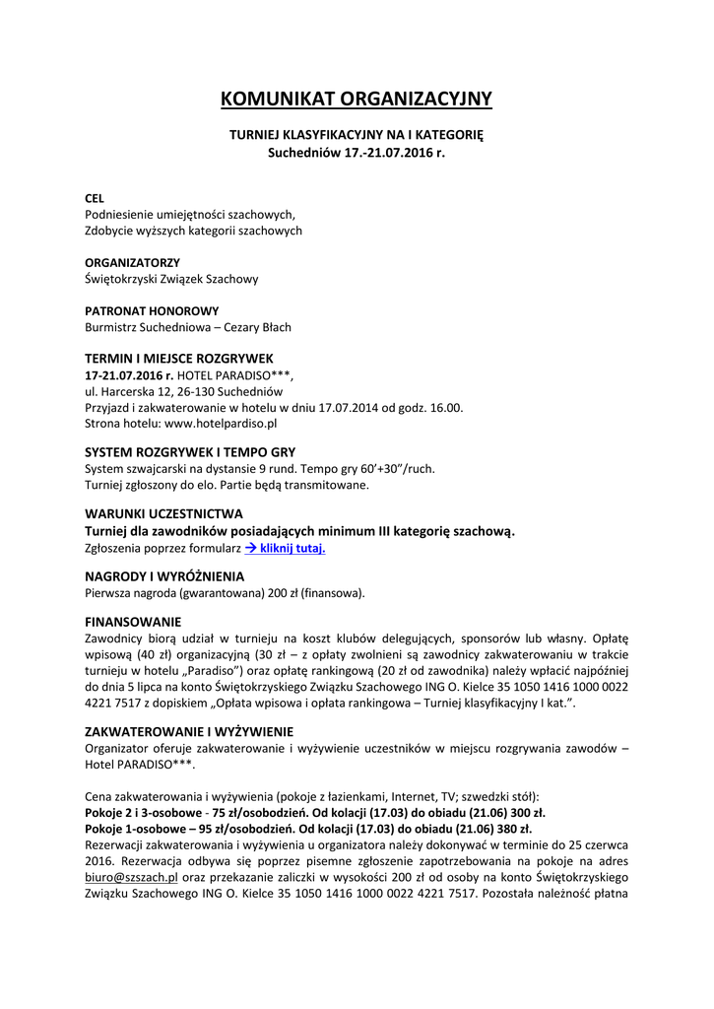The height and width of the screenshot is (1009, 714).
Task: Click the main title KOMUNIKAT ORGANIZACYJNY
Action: coord(357,99)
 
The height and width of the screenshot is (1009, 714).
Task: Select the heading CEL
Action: coord(95,198)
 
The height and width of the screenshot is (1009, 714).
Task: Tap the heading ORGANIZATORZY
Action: coord(132,263)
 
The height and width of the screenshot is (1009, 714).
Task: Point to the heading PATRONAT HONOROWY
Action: coord(152,311)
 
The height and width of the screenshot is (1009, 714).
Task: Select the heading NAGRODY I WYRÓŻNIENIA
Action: coord(164,575)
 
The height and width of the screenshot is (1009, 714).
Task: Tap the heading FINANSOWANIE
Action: coord(133,622)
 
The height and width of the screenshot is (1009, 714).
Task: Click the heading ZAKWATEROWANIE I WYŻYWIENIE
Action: coord(189,732)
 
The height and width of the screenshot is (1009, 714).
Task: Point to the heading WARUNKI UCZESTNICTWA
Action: coord(163,513)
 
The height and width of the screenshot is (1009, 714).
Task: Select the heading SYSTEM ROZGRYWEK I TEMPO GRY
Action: coord(190,451)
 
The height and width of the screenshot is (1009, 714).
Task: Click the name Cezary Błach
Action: coord(258,327)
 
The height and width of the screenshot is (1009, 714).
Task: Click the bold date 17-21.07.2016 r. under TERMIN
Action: coord(129,375)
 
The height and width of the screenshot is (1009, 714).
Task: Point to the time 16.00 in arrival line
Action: coord(446,407)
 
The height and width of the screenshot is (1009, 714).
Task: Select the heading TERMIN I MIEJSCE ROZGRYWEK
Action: coord(179,358)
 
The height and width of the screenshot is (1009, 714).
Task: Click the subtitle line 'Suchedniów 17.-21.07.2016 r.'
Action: coord(357,153)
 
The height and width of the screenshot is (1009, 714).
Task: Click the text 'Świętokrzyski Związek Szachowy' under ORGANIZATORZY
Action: coord(171,279)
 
